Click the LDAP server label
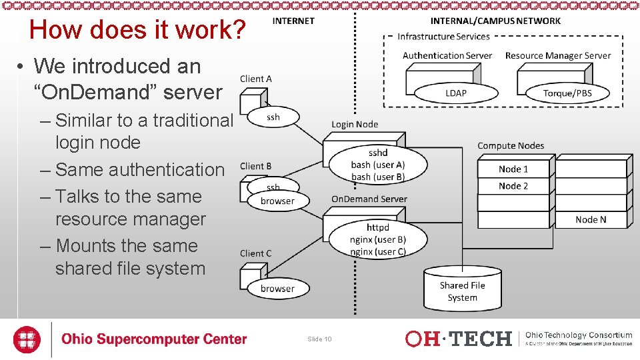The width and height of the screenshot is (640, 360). (456, 93)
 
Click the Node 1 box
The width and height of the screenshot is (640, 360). (513, 169)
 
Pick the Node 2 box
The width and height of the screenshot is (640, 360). (513, 186)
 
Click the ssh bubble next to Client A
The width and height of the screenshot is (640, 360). (273, 117)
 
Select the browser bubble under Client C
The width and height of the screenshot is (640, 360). (277, 289)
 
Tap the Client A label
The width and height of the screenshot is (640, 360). (256, 79)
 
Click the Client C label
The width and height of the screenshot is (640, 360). (256, 253)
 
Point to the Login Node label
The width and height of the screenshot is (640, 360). (355, 124)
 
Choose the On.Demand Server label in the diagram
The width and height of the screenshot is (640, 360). (369, 199)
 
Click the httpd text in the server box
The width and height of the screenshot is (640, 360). (378, 228)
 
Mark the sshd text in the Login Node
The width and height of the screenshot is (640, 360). (378, 153)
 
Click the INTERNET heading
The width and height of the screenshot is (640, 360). (293, 21)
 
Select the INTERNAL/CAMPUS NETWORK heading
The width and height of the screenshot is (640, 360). (495, 21)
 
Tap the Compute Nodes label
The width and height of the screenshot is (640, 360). (511, 145)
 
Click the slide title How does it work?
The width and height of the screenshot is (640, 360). (138, 30)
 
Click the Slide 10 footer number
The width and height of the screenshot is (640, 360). (319, 339)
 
